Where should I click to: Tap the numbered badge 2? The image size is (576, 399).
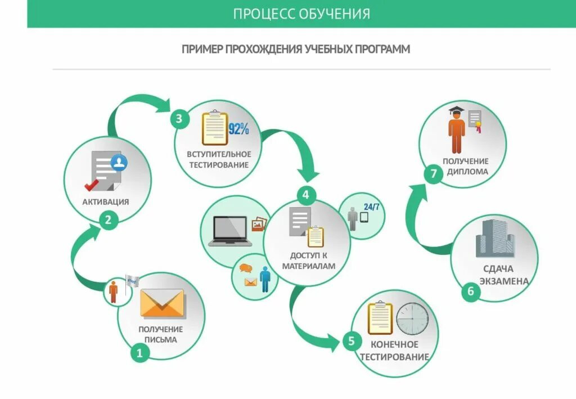[x=109, y=219]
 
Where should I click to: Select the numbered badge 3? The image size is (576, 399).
[x=179, y=119]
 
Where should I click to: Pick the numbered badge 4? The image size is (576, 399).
[x=305, y=195]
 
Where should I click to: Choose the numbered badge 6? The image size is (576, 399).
[x=471, y=292]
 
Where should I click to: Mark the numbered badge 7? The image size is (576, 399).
[x=433, y=174]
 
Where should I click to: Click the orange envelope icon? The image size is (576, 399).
[x=162, y=303]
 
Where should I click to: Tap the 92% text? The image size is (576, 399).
[x=238, y=129]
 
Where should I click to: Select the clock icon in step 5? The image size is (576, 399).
[x=412, y=318]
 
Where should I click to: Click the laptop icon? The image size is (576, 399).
[x=230, y=231]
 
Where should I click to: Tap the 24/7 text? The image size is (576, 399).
[x=371, y=206]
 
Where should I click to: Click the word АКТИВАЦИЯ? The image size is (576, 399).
[x=106, y=202]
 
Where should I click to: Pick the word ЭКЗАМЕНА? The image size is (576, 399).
[x=497, y=281]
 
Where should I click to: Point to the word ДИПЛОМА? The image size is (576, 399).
[x=467, y=172]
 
